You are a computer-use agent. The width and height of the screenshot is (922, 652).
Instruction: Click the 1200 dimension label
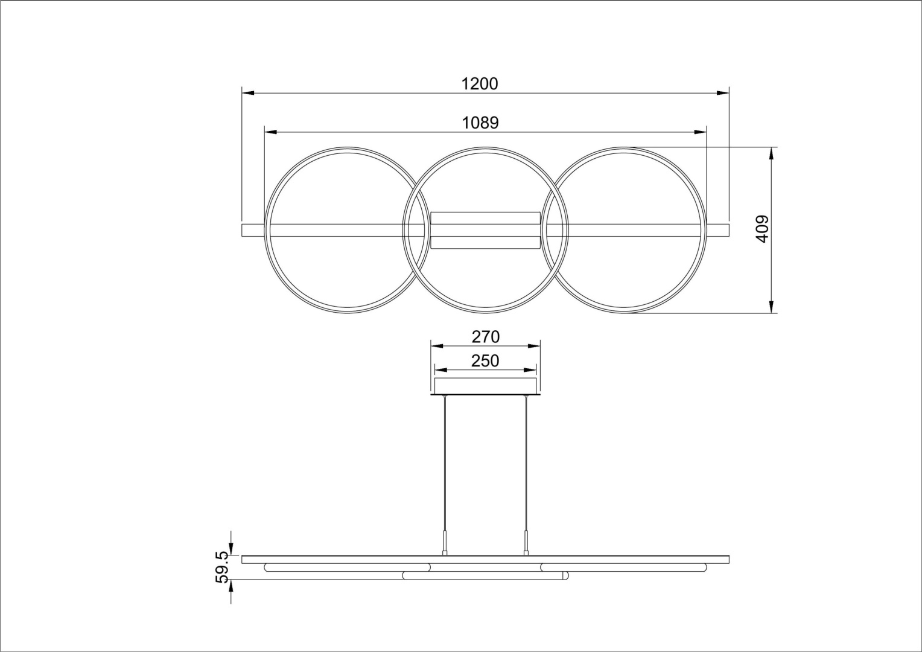pos(480,84)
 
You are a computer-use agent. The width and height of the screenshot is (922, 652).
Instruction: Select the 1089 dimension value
pos(480,123)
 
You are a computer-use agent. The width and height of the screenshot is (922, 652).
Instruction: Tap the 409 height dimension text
pos(762,229)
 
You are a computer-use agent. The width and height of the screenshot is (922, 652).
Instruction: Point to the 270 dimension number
pos(486,337)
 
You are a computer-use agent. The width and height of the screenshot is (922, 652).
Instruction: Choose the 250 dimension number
pos(485,361)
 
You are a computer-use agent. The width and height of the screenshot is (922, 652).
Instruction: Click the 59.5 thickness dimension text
pos(221,567)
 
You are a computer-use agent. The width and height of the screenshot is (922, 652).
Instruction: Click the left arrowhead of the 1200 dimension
pos(248,93)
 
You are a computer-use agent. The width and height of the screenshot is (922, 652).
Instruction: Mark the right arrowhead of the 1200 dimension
pos(723,93)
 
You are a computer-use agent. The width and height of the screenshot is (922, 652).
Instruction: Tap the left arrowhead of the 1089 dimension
pos(270,132)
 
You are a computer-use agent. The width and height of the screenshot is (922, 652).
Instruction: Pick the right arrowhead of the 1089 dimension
pos(701,132)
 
